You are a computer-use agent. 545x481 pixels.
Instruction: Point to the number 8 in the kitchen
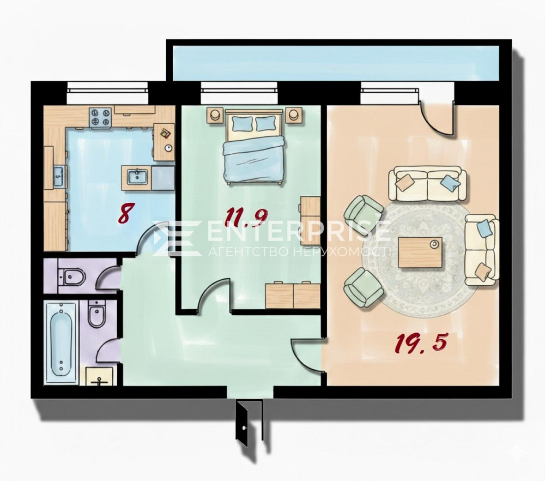(125, 214)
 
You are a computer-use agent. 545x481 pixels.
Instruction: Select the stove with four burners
(101, 117)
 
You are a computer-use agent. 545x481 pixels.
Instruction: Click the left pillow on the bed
(241, 124)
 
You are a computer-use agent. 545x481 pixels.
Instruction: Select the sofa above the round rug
(427, 183)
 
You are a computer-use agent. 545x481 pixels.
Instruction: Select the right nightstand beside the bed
(294, 115)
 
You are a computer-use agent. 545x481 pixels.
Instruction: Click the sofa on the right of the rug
(481, 249)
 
